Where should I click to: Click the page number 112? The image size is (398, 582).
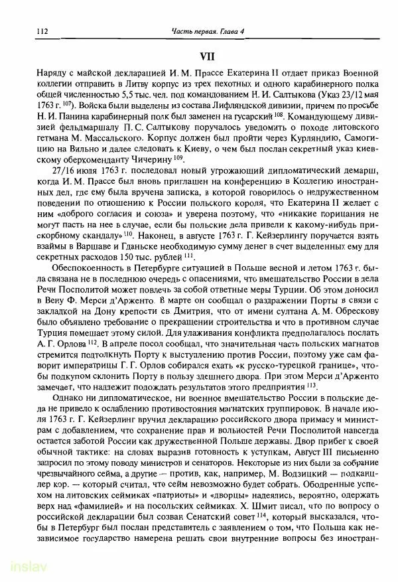(x=26, y=32)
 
